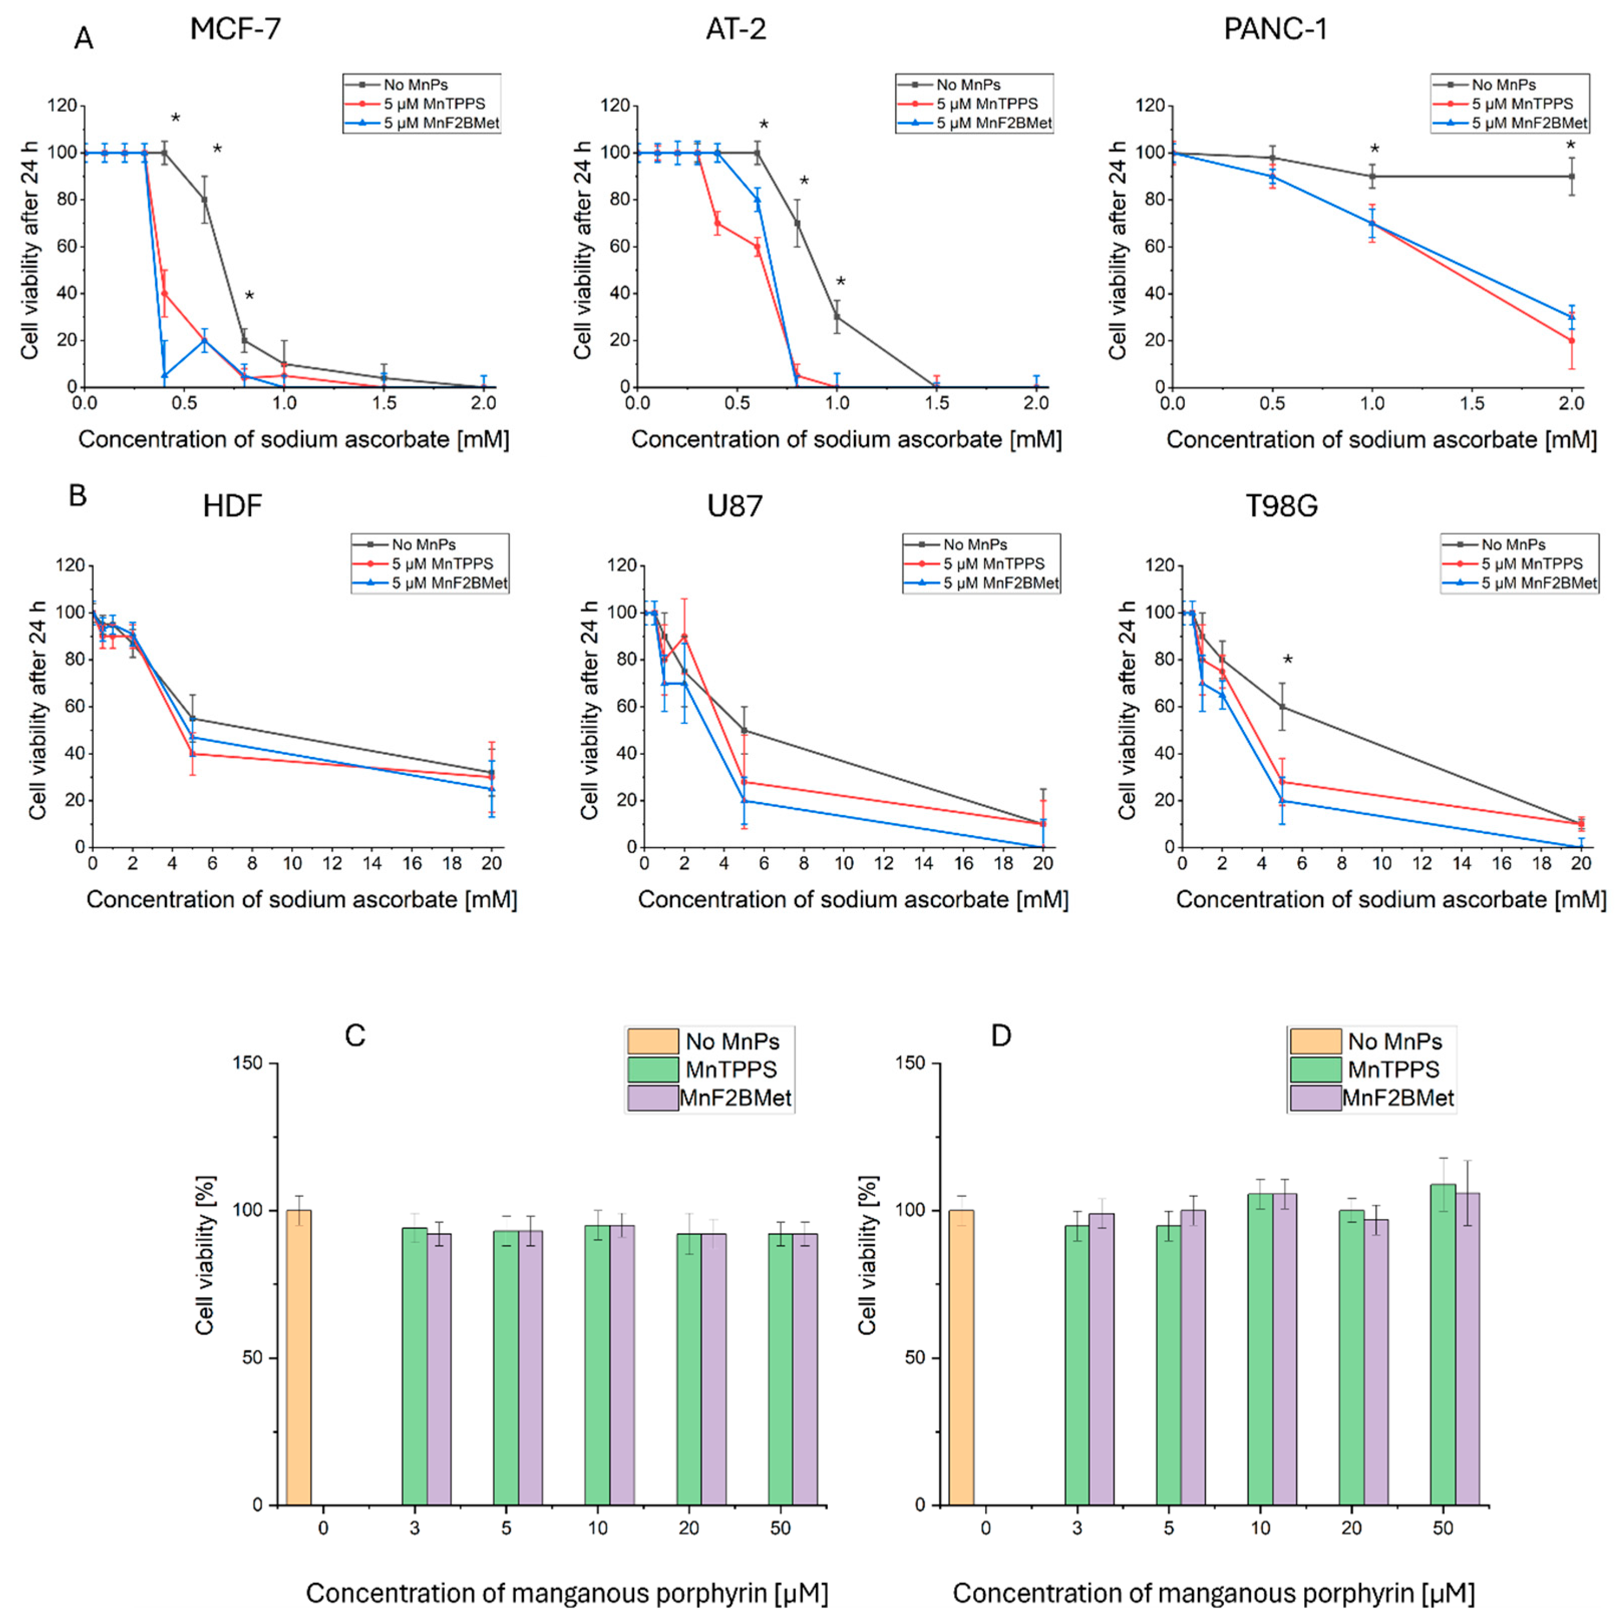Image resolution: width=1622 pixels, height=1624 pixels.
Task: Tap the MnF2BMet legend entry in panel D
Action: pyautogui.click(x=1397, y=1098)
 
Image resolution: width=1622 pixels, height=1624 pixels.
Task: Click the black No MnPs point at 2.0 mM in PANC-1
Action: pyautogui.click(x=1571, y=176)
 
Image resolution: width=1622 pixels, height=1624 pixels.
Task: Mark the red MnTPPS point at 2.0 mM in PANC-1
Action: pyautogui.click(x=1571, y=340)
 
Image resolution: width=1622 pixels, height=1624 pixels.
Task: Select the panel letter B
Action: pyautogui.click(x=77, y=496)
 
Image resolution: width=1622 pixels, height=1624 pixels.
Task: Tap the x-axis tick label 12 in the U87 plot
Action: pyautogui.click(x=884, y=863)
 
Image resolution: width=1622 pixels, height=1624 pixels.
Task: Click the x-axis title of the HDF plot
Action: pyautogui.click(x=301, y=899)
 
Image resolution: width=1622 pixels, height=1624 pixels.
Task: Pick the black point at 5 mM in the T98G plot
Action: pyautogui.click(x=1282, y=706)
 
